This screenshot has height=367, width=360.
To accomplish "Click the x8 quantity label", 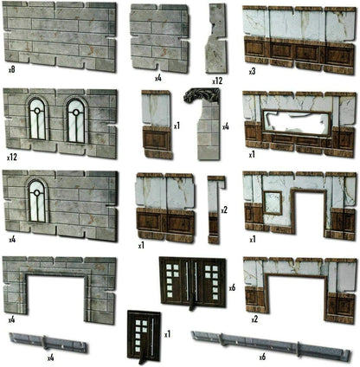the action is point(11,70).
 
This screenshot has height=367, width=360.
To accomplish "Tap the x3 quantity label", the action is point(253,72).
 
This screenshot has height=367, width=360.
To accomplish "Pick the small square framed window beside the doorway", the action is point(273,203).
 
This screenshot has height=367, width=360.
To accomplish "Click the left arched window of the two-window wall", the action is point(37,119).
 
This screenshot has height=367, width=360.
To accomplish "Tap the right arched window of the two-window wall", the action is point(76,120).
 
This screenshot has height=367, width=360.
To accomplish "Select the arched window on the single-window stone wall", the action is point(37,201).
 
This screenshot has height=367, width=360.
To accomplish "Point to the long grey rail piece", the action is point(271,345).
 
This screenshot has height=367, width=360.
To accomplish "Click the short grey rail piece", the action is point(48,343).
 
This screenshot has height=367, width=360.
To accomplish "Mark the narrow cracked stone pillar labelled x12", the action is point(215,38).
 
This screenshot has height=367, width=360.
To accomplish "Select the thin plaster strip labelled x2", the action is point(215,209).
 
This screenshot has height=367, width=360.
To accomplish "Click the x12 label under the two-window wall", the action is point(12,158).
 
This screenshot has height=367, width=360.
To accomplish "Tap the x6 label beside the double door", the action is point(233,287).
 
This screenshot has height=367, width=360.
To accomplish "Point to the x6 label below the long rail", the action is point(262,357).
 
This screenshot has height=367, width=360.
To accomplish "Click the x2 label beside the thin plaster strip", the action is point(224,210).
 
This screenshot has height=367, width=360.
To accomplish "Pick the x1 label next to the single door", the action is point(168,334).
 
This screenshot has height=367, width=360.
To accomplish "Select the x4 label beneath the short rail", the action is point(51,358).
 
